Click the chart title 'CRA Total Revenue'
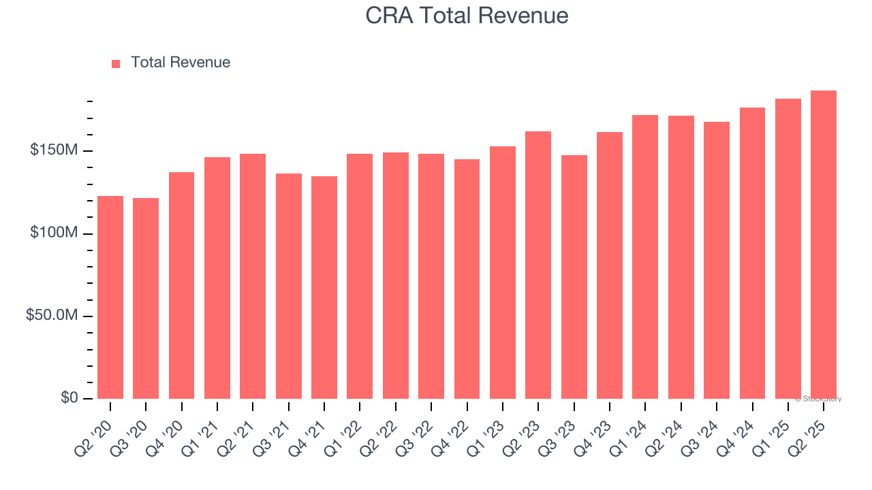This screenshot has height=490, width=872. coord(467,15)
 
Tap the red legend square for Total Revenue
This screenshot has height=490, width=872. coord(116,63)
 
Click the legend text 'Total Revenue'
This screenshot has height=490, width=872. coord(181,63)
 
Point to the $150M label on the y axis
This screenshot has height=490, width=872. coord(53,150)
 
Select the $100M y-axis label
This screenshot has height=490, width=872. coord(53,233)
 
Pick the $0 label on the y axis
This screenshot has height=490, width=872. coord(69,398)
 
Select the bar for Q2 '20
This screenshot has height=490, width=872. coord(110,297)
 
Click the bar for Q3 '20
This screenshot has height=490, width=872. coord(146,298)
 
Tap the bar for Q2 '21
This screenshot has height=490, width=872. coord(253,276)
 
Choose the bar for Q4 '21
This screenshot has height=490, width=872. coord(324,287)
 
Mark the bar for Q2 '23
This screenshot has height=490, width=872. coord(538,265)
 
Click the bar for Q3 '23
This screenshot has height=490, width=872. coord(574,277)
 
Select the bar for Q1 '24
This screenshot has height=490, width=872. coord(645,257)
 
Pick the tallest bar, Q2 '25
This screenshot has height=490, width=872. coord(824,244)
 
